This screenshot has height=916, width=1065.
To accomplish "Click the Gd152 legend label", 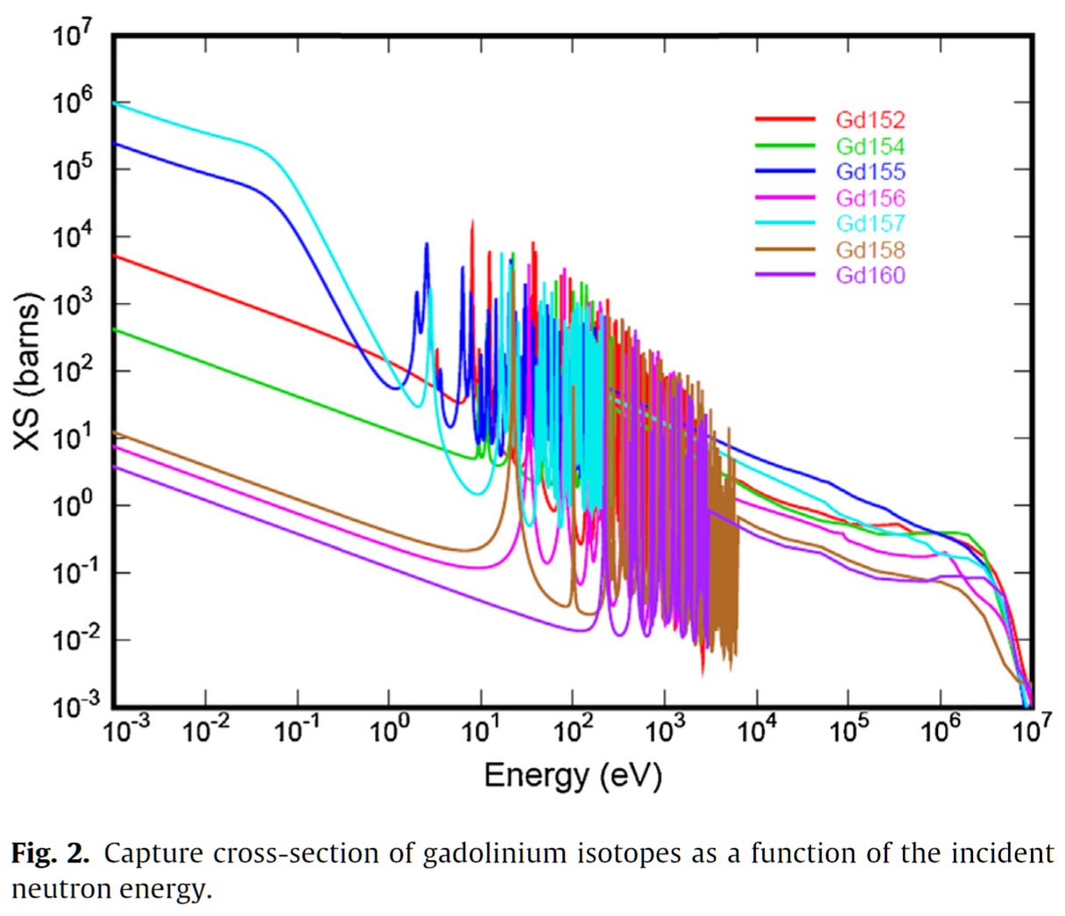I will pyautogui.click(x=870, y=120).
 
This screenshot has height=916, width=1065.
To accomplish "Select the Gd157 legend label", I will pyautogui.click(x=870, y=223).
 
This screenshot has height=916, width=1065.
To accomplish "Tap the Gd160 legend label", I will pyautogui.click(x=870, y=275).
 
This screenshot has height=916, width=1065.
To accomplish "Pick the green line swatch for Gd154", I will pyautogui.click(x=785, y=146).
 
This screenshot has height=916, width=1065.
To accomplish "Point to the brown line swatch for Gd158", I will pyautogui.click(x=785, y=250).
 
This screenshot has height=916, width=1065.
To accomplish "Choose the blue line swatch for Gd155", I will pyautogui.click(x=785, y=172).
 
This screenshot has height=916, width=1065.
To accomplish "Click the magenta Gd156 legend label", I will pyautogui.click(x=870, y=198).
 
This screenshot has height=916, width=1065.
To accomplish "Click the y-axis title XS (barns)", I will pyautogui.click(x=29, y=372).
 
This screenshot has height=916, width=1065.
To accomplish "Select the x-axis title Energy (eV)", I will pyautogui.click(x=573, y=775).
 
